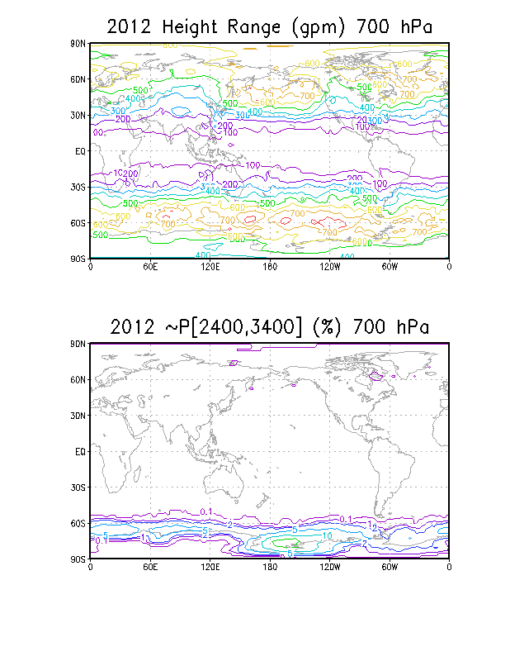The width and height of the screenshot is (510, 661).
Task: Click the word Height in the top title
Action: click(192, 27)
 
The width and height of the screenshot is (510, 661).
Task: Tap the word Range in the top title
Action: click(262, 27)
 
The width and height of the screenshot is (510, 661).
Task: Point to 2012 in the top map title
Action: click(132, 27)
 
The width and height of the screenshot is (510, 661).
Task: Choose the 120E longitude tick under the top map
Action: click(209, 266)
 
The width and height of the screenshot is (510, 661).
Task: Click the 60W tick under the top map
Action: click(389, 266)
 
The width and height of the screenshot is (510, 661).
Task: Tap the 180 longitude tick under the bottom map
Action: click(269, 567)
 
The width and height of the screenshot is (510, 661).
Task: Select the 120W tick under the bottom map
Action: click(328, 567)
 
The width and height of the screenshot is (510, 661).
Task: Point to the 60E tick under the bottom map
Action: click(149, 567)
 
